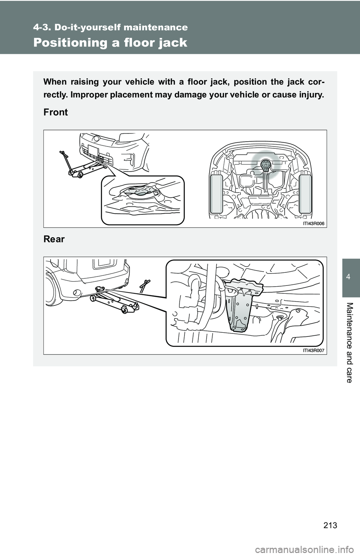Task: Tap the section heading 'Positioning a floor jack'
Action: tap(110, 43)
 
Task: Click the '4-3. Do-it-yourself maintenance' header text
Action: tap(110, 27)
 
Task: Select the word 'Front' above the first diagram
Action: tap(55, 112)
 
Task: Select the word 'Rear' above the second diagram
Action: tap(54, 239)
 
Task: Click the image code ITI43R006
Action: tap(313, 223)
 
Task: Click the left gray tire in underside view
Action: tap(216, 194)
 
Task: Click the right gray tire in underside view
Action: tap(305, 194)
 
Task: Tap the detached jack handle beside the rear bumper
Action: tap(145, 285)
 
